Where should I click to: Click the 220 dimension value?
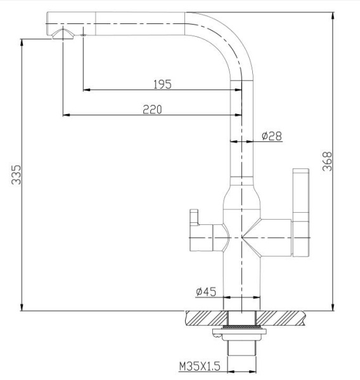pyautogui.click(x=152, y=110)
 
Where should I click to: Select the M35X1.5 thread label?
pyautogui.click(x=200, y=365)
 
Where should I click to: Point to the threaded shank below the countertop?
pyautogui.click(x=241, y=351)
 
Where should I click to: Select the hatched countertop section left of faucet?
pyautogui.click(x=206, y=317)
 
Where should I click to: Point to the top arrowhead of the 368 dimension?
pyautogui.click(x=333, y=14)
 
